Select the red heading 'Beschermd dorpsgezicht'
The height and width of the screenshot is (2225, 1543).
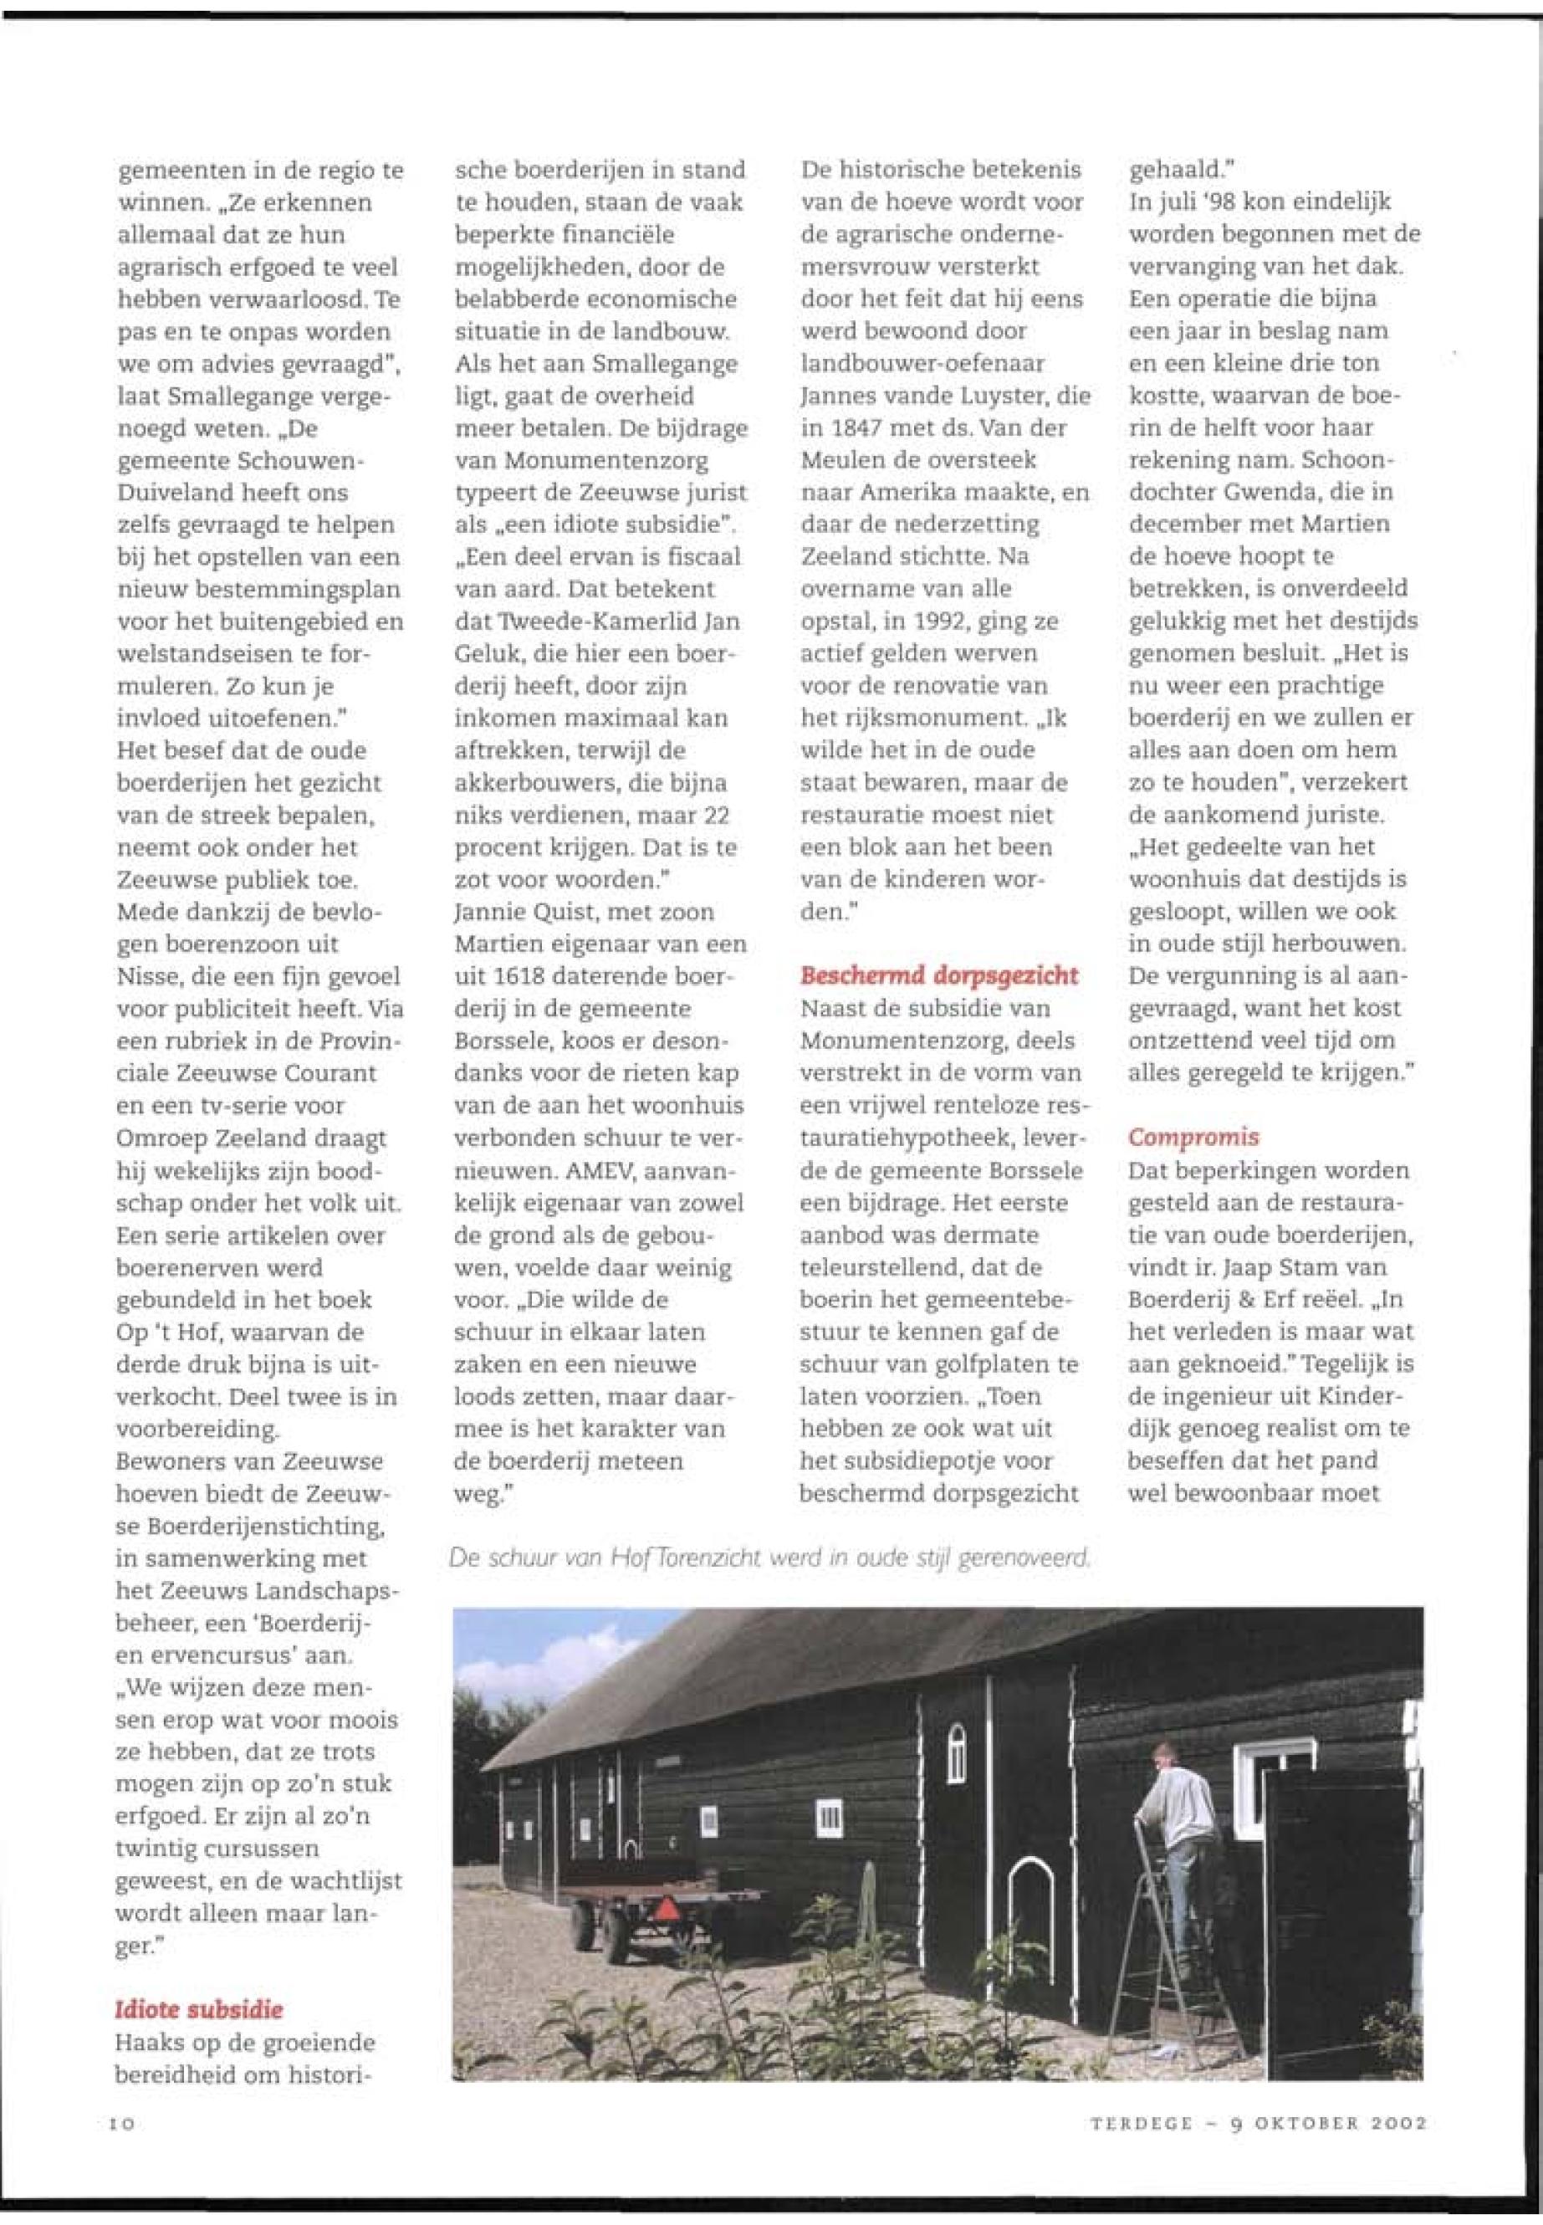(938, 974)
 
